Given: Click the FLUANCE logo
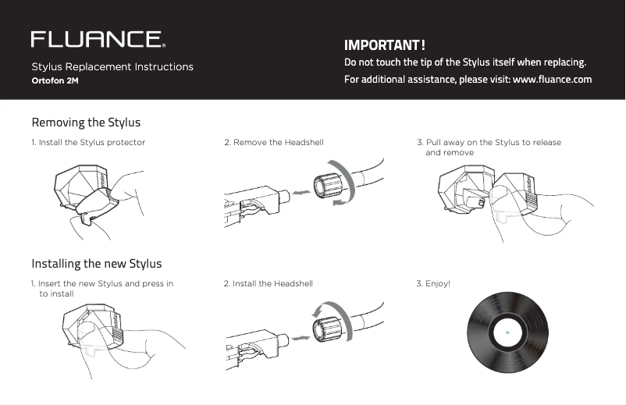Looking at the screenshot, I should click(98, 39).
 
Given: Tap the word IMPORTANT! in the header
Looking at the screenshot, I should click(384, 45).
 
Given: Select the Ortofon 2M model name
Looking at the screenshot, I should click(55, 81).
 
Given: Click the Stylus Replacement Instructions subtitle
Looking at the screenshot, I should click(112, 67).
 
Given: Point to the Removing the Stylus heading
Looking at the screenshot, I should click(86, 123).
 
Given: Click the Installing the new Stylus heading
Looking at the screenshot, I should click(97, 263).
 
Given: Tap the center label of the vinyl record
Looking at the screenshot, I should click(507, 332).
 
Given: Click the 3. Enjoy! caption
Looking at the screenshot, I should click(434, 284).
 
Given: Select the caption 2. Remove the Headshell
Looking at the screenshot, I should click(273, 143).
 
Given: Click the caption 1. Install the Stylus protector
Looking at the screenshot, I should click(88, 143).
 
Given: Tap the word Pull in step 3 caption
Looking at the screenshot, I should click(433, 143).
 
